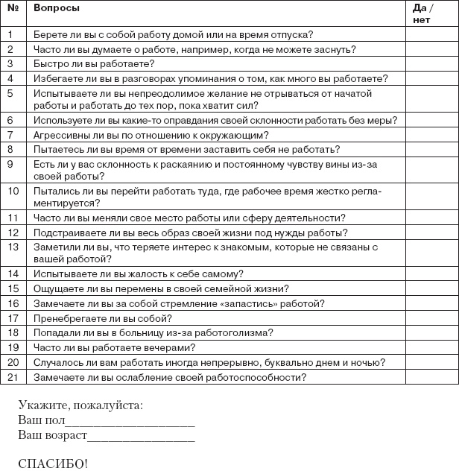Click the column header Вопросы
click(57, 8)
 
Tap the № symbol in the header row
click(12, 8)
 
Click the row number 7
click(11, 135)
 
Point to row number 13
click(12, 245)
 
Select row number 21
click(12, 377)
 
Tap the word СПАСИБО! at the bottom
click(52, 464)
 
